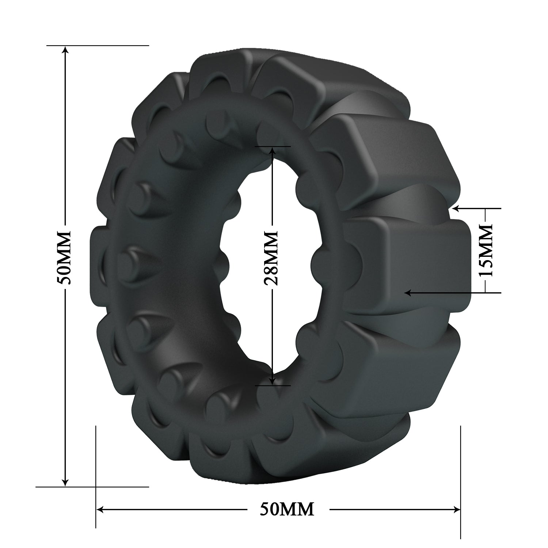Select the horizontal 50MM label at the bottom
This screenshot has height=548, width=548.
click(x=287, y=509)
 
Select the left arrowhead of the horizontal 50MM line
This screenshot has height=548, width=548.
click(x=100, y=509)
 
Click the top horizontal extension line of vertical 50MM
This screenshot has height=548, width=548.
click(x=110, y=45)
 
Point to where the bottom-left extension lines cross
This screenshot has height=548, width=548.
click(x=96, y=487)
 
